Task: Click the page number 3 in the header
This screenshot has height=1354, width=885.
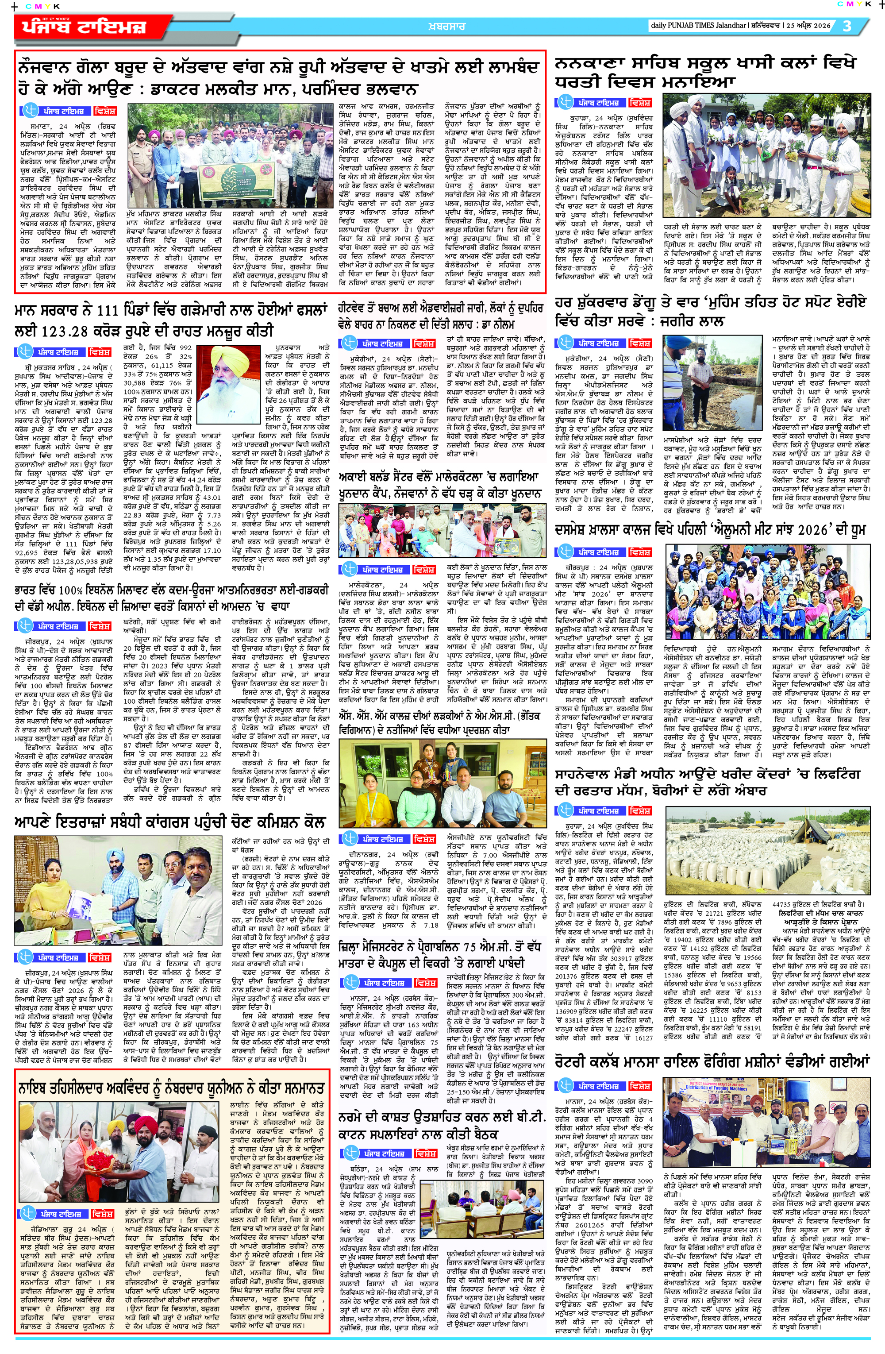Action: (847, 26)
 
